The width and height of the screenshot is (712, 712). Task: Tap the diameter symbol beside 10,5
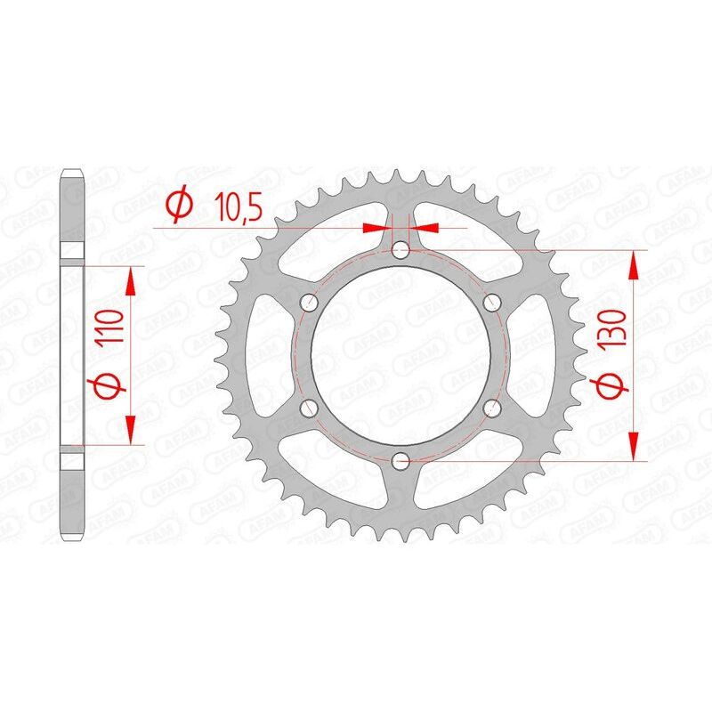point(178,206)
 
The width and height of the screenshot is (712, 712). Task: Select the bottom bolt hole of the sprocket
point(401,461)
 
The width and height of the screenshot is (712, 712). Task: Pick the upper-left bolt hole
point(310,303)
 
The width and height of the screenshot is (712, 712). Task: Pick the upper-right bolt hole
point(492,303)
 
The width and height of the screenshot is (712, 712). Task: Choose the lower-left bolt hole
point(310,409)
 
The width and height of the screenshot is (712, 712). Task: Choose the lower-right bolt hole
point(492,409)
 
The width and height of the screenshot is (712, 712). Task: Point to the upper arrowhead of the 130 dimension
point(635,265)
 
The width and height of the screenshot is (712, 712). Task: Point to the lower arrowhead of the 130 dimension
point(635,447)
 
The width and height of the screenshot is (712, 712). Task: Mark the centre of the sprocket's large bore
point(401,356)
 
